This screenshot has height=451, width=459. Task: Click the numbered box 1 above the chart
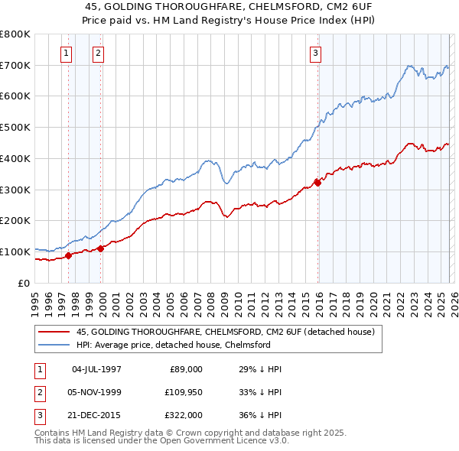pos(67,53)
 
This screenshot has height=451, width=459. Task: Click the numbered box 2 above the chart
pos(99,53)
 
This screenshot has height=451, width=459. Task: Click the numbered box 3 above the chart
pos(315,53)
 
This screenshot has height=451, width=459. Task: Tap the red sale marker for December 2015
pos(317,182)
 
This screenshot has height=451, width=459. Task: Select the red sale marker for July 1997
pos(69,255)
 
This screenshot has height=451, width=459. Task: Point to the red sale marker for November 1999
pos(100,248)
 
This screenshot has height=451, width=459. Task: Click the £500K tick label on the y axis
pos(15,128)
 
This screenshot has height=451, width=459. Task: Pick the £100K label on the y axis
pos(15,251)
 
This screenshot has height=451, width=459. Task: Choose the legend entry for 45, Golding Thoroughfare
pos(224,332)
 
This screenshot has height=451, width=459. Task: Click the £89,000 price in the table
pos(184,368)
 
